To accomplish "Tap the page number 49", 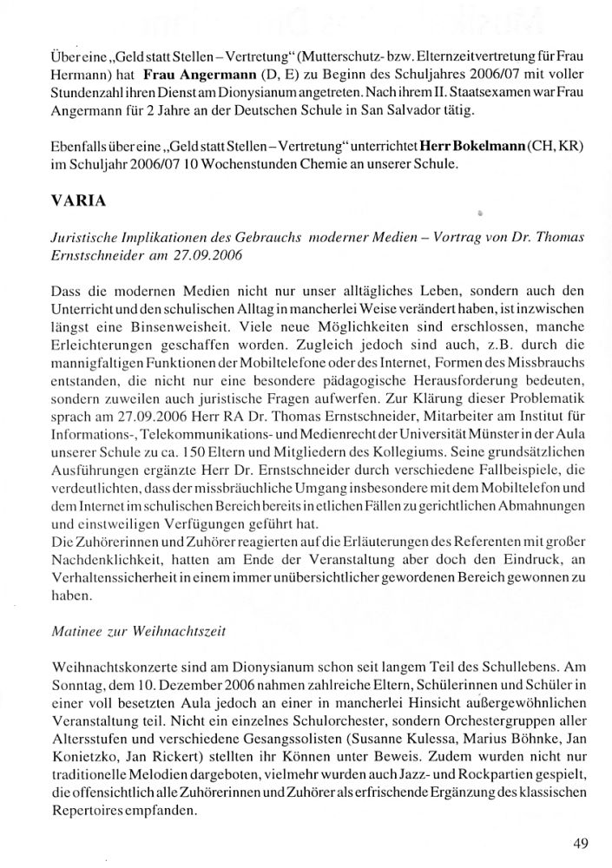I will coord(582,842).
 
